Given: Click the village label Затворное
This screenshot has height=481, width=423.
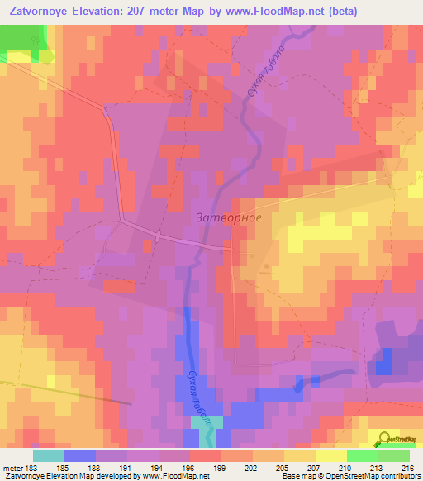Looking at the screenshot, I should click(x=231, y=218).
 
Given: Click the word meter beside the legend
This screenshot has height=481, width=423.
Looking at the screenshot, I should click(x=12, y=467).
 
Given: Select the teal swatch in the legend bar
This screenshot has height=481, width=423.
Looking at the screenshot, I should click(x=48, y=455).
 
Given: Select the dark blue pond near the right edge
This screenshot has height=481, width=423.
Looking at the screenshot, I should click(x=382, y=361).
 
